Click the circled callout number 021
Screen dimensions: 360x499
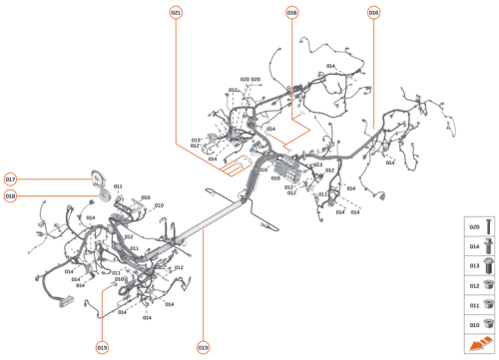tap(177, 12)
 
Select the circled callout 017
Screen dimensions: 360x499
tap(11, 180)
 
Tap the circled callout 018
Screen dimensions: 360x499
tap(11, 196)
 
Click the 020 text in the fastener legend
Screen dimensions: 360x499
tap(474, 226)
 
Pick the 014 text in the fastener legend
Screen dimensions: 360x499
tap(474, 245)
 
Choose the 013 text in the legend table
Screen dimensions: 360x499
tap(474, 265)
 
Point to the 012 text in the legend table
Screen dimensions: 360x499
tap(474, 285)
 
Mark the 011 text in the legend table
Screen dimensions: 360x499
tap(474, 304)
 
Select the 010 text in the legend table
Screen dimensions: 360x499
tap(474, 323)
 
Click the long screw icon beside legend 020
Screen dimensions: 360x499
tap(488, 226)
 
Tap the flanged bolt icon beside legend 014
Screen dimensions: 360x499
tap(488, 245)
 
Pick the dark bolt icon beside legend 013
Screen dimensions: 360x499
tap(488, 265)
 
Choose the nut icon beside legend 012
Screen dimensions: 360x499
tap(488, 285)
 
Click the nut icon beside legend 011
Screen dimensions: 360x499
tap(488, 304)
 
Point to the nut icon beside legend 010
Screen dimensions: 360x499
tap(488, 323)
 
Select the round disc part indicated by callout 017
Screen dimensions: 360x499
tap(97, 179)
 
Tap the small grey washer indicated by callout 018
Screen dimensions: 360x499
tap(89, 196)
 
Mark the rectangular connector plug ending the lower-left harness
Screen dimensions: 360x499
tap(69, 300)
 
